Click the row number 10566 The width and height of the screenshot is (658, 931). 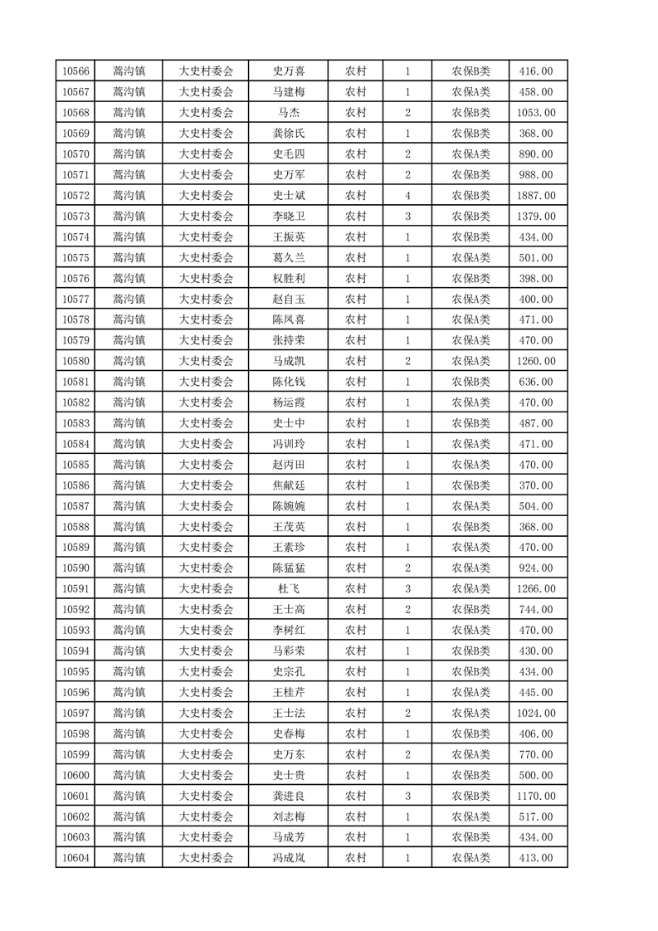click(76, 71)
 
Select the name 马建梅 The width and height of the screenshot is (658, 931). click(288, 92)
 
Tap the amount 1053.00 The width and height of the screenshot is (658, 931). click(537, 113)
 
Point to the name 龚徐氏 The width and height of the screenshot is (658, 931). click(288, 134)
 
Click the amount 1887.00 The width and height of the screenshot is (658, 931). click(537, 196)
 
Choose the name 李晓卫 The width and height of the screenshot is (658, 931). click(288, 217)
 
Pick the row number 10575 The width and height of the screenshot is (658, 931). click(76, 258)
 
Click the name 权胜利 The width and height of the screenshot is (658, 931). click(288, 279)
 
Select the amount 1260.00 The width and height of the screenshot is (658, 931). click(537, 361)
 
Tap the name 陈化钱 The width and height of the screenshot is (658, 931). click(288, 382)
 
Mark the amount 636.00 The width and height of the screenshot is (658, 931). click(537, 382)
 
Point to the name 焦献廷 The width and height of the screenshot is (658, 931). click(288, 485)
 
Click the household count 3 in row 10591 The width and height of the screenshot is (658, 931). click(407, 589)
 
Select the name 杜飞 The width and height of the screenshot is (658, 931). click(288, 589)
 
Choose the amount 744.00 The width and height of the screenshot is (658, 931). click(537, 610)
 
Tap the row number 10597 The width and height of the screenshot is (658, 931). click(76, 713)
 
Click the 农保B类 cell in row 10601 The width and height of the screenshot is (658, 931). click(470, 796)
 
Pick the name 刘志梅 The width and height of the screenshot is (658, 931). click(288, 816)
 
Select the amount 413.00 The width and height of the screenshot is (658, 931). click(537, 858)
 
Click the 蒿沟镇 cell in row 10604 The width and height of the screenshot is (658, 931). click(129, 858)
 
